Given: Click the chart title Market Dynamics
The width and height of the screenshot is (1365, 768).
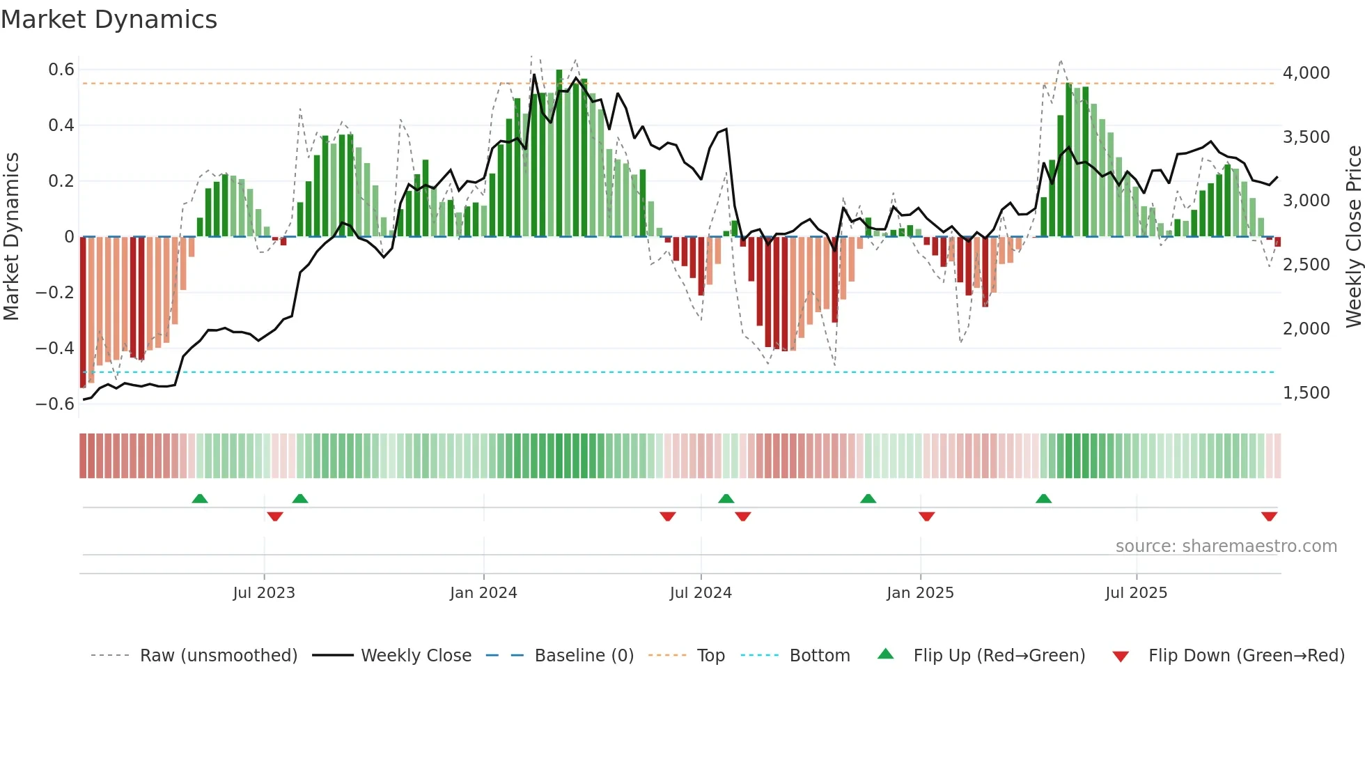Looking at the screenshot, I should (109, 20).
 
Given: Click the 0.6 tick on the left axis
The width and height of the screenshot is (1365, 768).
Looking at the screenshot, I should (61, 70).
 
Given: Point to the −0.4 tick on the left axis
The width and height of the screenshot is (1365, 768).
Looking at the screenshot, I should (55, 348).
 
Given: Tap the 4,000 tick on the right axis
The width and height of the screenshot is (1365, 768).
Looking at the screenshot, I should (1306, 73).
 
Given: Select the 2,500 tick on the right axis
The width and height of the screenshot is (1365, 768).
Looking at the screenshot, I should (1306, 265).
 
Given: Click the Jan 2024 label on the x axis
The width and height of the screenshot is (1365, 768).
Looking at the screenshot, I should (483, 593).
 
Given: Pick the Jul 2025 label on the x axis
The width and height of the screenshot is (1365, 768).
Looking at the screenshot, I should (1136, 593).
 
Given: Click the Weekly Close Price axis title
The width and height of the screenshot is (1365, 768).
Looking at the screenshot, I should (1353, 236).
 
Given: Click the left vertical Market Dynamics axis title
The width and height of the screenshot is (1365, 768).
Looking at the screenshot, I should (11, 236).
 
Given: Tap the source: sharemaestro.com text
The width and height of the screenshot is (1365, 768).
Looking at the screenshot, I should (1226, 546).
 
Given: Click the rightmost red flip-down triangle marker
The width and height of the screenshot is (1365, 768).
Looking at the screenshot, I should (1269, 516).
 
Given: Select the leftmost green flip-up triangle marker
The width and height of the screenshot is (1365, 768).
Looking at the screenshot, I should (200, 498).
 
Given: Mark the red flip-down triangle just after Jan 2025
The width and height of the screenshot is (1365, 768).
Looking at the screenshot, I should (926, 516).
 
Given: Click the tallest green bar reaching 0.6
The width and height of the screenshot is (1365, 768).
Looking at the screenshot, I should (559, 153).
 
